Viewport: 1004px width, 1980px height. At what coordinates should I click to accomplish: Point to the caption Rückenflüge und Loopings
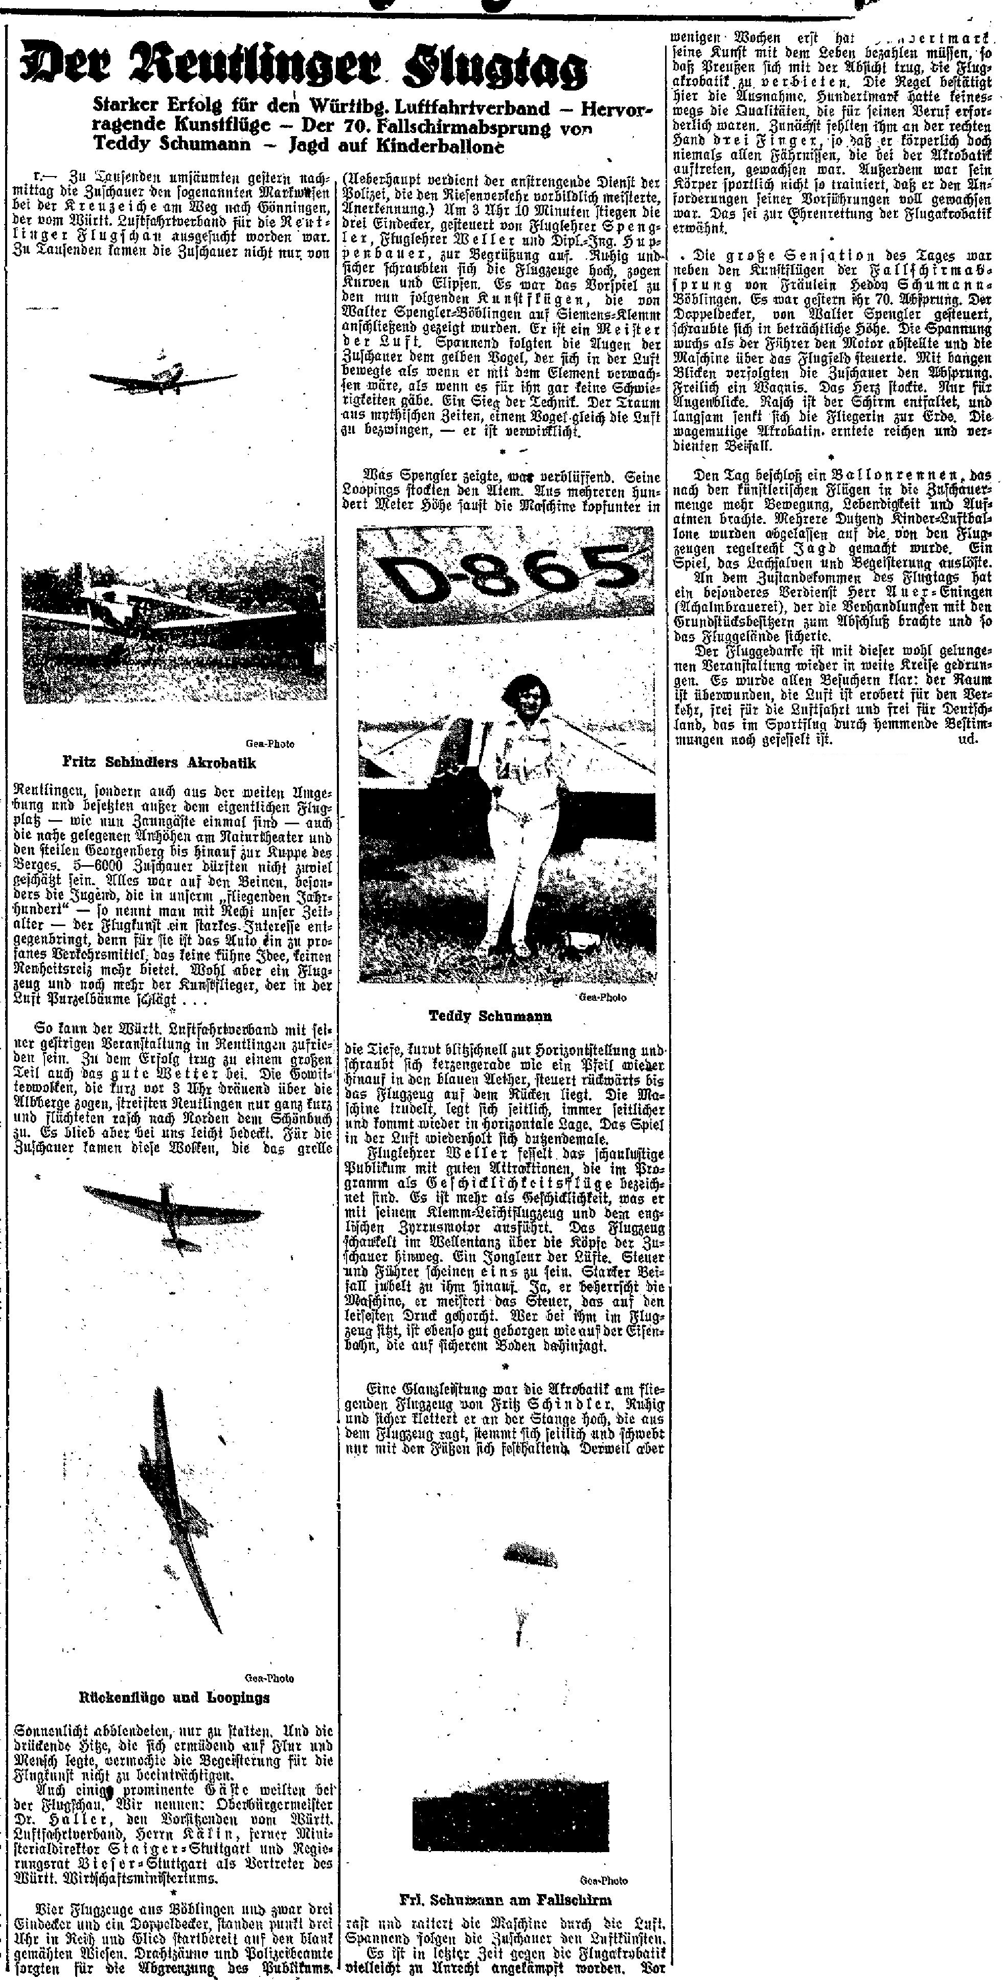coord(174,1697)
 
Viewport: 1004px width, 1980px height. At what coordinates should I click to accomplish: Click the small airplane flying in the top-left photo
coord(162,375)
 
